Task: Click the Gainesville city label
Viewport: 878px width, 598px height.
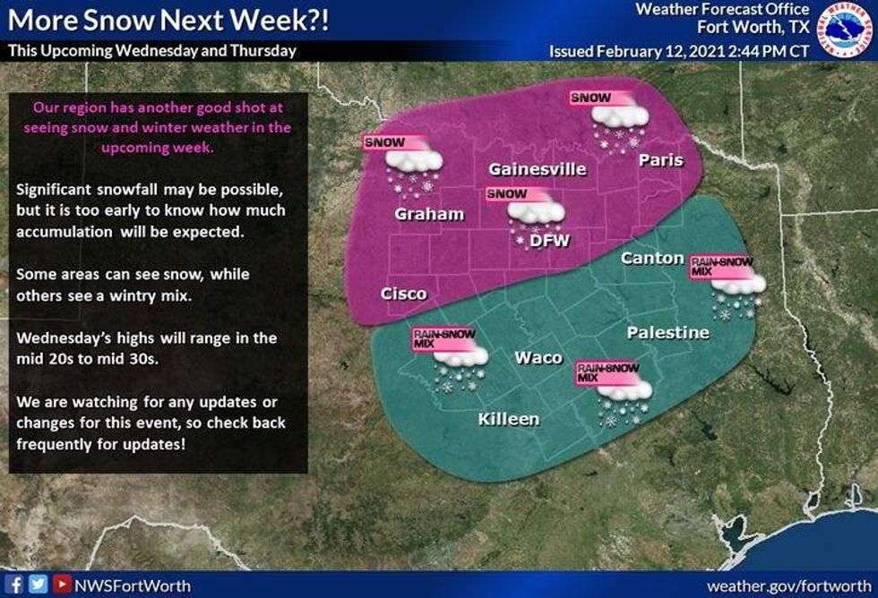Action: [538, 169]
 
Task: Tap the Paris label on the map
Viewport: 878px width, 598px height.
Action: [660, 160]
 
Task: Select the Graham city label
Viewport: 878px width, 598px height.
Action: [430, 214]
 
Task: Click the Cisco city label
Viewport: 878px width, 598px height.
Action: [403, 294]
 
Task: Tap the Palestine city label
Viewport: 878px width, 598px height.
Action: [668, 333]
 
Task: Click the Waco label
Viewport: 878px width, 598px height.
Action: [538, 357]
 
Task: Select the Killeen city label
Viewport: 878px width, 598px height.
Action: [509, 419]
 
